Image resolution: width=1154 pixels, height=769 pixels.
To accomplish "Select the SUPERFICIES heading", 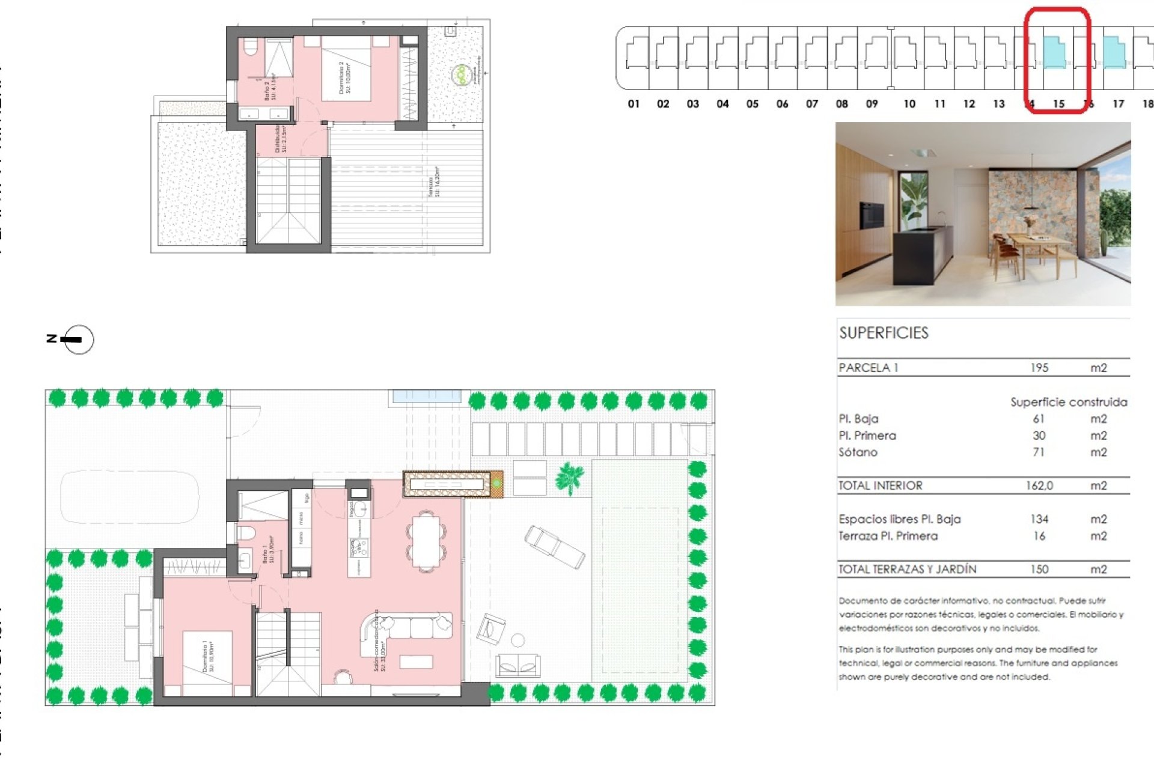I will click(x=884, y=333).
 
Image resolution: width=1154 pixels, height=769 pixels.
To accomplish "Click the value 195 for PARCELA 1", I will click(x=1039, y=368).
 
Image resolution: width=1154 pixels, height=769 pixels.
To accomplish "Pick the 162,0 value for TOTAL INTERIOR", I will click(x=1039, y=485).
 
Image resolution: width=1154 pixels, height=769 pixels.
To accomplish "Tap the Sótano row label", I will click(x=858, y=452).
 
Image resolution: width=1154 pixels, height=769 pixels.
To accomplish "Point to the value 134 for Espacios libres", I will click(x=1039, y=519).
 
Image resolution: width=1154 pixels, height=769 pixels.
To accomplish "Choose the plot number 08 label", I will click(x=841, y=104).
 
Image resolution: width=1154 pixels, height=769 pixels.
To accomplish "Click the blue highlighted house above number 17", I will click(x=1114, y=53).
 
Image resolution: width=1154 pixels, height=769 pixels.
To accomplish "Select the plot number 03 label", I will click(x=692, y=104).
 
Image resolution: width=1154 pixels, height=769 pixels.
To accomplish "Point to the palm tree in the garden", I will click(x=569, y=478).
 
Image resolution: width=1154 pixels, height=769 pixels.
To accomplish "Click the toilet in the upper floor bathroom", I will click(x=250, y=47).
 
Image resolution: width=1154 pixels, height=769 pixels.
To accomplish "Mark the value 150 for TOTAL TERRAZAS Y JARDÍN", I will click(x=1039, y=569).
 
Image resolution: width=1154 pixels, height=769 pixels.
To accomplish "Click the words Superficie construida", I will click(x=1068, y=402).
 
